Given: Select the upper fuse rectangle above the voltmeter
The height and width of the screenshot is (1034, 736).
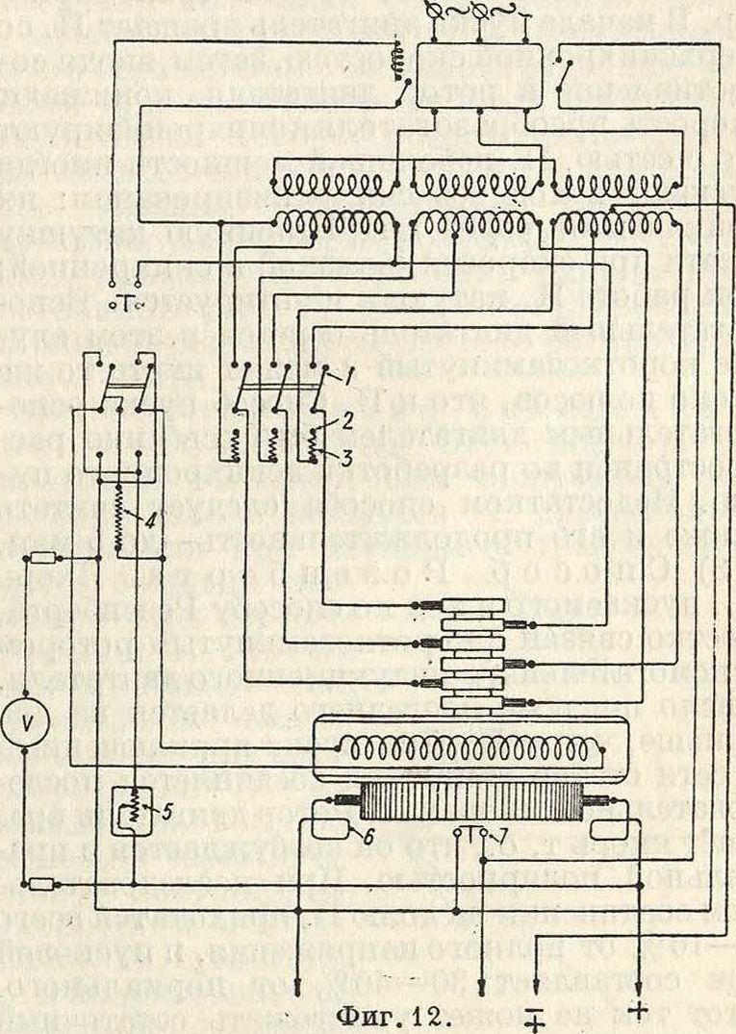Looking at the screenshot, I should [38, 559].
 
